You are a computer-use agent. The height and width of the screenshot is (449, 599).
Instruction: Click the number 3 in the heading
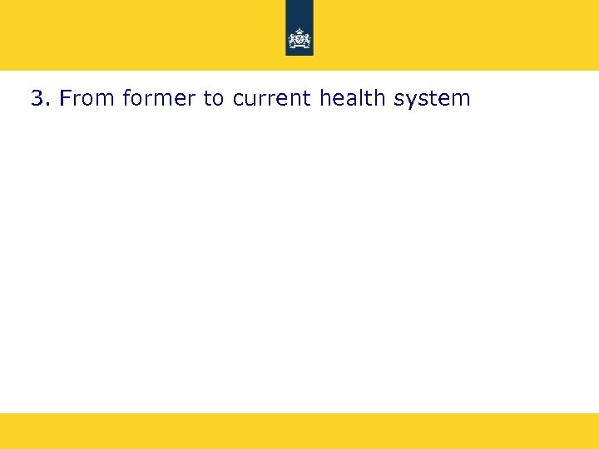[37, 99]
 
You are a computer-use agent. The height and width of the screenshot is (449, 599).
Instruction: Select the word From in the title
[88, 99]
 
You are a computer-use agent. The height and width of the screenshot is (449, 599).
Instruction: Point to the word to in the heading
[214, 99]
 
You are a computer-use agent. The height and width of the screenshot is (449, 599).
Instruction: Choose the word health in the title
[353, 98]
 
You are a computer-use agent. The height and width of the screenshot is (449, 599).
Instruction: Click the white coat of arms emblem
[299, 38]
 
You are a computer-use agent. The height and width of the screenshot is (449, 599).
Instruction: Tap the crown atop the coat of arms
[299, 30]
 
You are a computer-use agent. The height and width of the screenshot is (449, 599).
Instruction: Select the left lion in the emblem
[293, 39]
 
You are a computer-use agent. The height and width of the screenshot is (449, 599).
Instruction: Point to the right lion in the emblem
[306, 39]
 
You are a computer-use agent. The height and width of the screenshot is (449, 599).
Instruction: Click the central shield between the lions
[299, 38]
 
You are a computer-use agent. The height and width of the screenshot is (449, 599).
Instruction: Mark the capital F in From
[66, 98]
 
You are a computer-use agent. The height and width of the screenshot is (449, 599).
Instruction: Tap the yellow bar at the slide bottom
[299, 431]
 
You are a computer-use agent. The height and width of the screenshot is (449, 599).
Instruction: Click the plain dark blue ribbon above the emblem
[299, 12]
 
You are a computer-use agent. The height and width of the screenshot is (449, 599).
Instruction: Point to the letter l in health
[359, 98]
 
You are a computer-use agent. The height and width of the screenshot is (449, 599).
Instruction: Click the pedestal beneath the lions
[299, 47]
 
